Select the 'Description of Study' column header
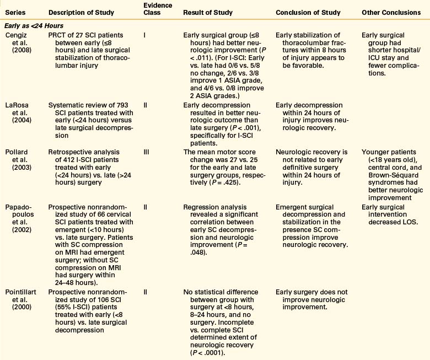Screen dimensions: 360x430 coord(77,12)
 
